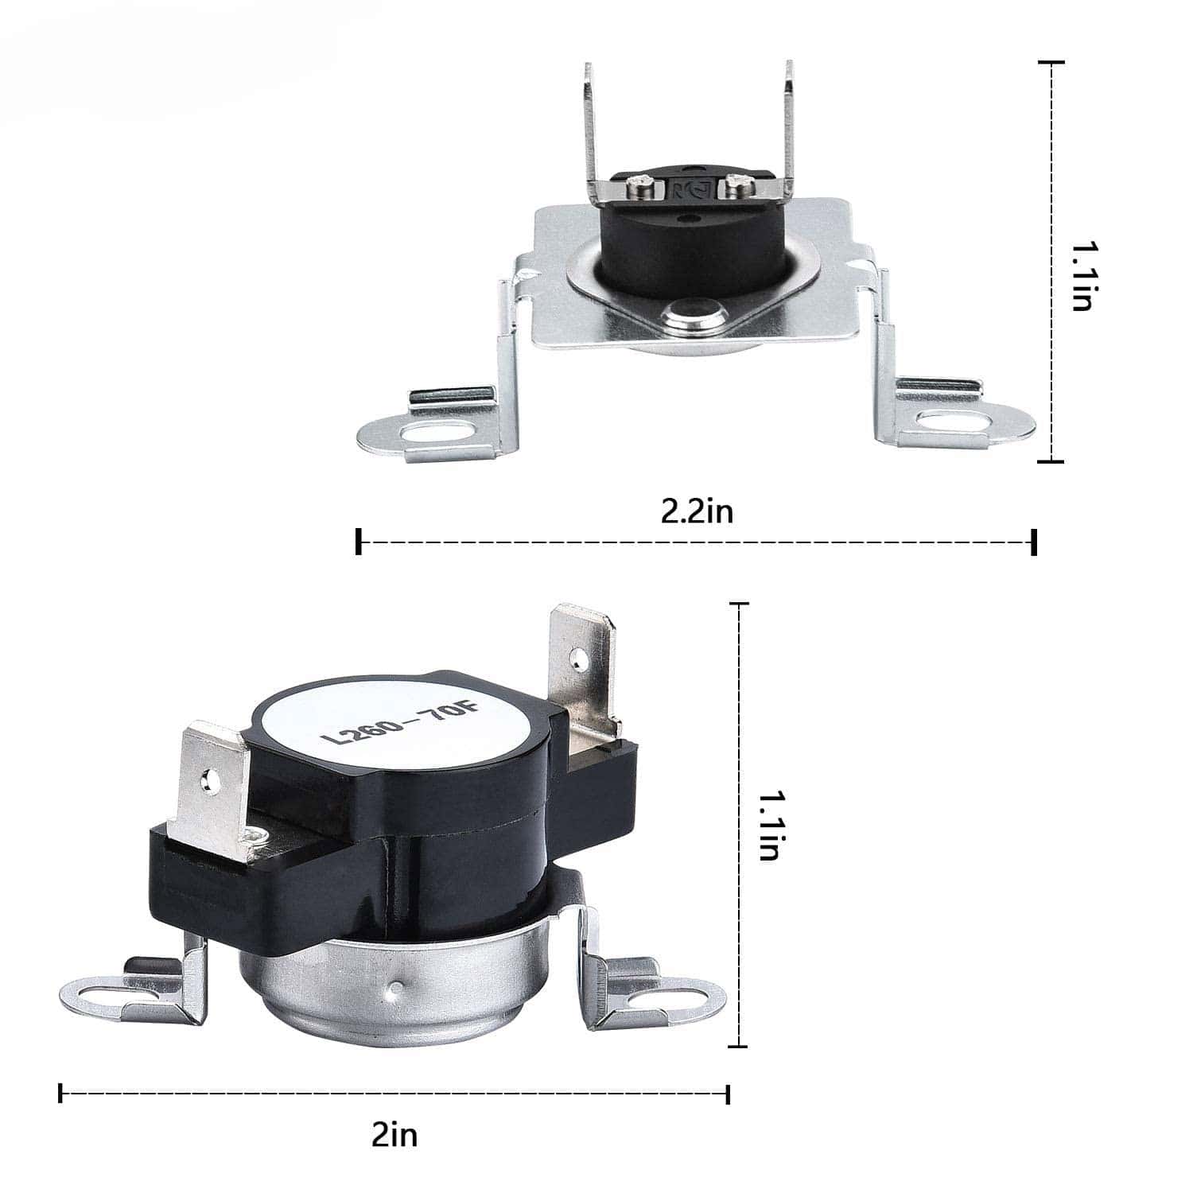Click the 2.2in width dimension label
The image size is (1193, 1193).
pos(697,511)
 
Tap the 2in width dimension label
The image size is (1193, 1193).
pos(394,1135)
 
